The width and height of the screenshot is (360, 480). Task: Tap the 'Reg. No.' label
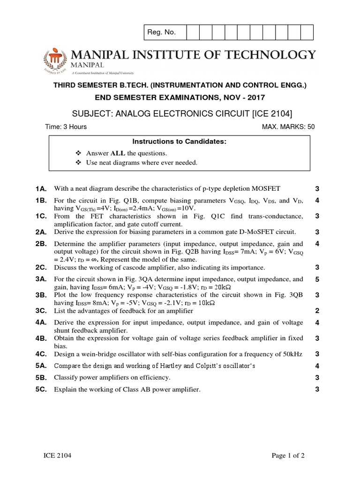[x=161, y=32]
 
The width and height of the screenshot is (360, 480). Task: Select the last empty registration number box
[x=307, y=32]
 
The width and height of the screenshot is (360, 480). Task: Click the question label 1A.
[x=40, y=189]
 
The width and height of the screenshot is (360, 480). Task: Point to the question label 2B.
[x=40, y=244]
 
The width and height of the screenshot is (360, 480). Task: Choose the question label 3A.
[x=40, y=279]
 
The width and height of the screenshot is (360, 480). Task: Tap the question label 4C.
[x=40, y=354]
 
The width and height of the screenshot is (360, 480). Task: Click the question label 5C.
[x=40, y=389]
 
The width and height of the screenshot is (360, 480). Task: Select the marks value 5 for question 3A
[x=317, y=279]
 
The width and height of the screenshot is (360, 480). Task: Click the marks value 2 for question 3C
[x=317, y=311]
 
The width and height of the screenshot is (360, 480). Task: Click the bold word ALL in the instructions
[x=117, y=153]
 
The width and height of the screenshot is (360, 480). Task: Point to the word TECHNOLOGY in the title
[x=276, y=55]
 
